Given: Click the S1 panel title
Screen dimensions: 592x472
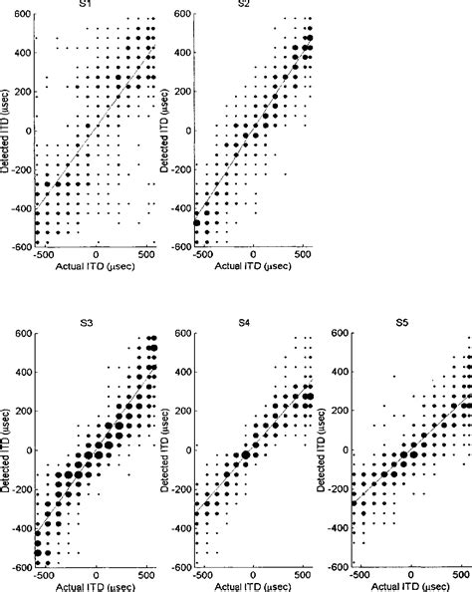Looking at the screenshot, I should [95, 5].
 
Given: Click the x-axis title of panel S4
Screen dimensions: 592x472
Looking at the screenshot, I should [252, 587].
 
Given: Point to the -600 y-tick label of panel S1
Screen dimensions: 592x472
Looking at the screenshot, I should [20, 245].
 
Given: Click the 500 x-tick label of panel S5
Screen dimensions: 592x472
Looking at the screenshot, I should [461, 576].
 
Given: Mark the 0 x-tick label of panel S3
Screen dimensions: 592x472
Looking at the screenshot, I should [97, 576].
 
